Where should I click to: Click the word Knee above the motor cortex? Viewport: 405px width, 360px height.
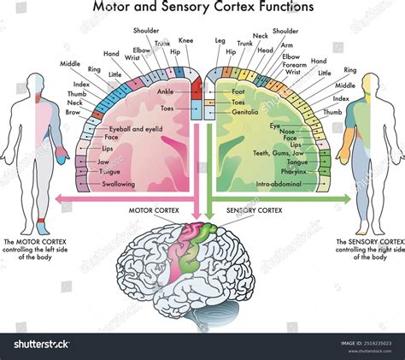pos(186,41)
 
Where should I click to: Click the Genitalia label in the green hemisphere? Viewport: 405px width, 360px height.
pos(245,111)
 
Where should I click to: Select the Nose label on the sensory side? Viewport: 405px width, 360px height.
pos(287,132)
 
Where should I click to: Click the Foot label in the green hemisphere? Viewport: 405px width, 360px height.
pos(238,91)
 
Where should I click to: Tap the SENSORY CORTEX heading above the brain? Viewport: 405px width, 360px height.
pos(254,210)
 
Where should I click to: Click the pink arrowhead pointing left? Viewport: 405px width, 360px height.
pos(58,199)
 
